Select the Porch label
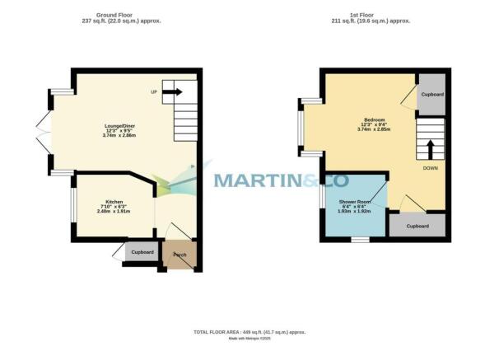pyautogui.click(x=180, y=255)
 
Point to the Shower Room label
pyautogui.click(x=356, y=202)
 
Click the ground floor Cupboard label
pyautogui.click(x=142, y=251)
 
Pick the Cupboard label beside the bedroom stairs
pyautogui.click(x=431, y=95)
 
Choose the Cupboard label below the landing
pyautogui.click(x=417, y=225)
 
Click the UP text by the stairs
pyautogui.click(x=154, y=91)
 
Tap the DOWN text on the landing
pyautogui.click(x=430, y=167)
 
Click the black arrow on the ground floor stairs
pyautogui.click(x=173, y=92)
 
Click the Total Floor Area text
pyautogui.click(x=249, y=331)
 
